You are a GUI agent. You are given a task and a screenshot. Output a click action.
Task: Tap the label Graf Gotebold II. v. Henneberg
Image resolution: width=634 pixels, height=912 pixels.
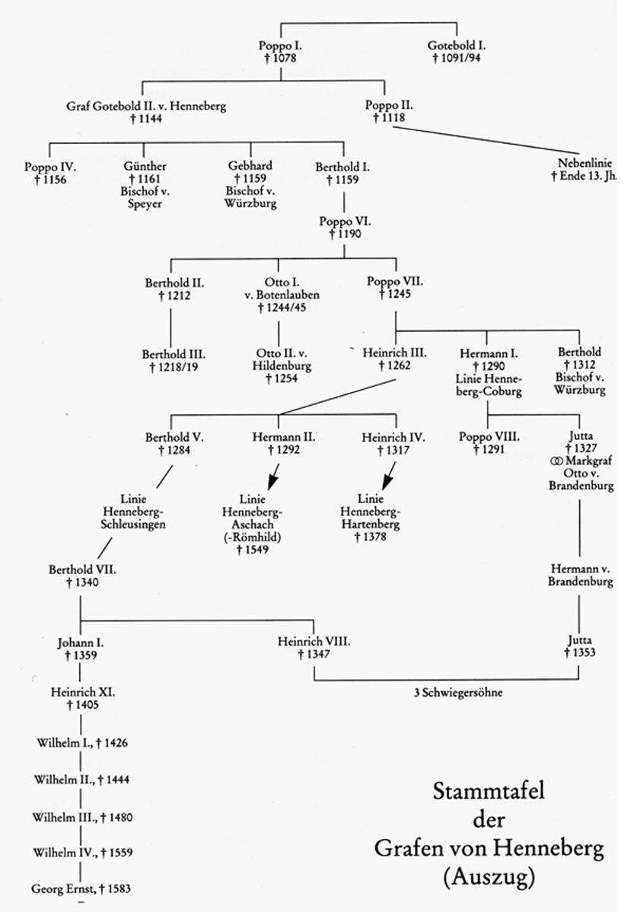146,107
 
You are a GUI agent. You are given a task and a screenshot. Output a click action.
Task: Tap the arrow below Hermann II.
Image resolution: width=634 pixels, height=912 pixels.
271,482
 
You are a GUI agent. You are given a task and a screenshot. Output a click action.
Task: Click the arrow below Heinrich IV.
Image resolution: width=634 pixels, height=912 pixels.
387,482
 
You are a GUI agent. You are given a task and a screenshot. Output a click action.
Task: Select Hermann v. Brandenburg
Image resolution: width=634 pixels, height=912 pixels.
581,575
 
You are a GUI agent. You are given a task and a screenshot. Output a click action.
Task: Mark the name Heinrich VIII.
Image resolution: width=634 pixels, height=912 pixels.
314,642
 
